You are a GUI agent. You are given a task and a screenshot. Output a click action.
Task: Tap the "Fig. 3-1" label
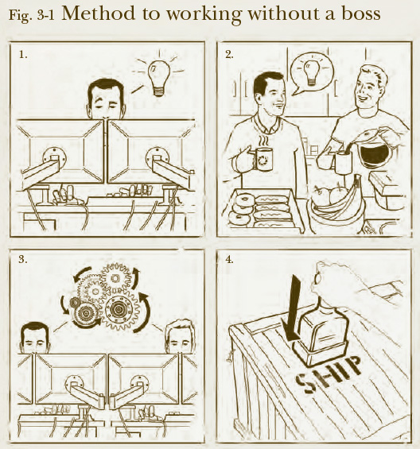[x=32, y=15]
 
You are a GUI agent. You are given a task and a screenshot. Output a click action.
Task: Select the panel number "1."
[x=23, y=54]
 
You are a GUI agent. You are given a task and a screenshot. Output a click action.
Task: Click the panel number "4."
[x=230, y=259]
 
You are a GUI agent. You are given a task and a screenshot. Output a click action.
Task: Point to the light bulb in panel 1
[x=158, y=78]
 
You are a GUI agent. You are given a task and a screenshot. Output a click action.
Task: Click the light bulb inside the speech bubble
[x=312, y=72]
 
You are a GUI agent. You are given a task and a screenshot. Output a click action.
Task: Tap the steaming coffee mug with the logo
[x=262, y=160]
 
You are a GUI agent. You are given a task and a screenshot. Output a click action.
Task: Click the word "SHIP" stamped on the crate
[x=329, y=374]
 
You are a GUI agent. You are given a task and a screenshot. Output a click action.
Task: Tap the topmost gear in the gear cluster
[x=116, y=278]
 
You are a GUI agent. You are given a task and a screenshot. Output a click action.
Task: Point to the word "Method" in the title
[x=98, y=14]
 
